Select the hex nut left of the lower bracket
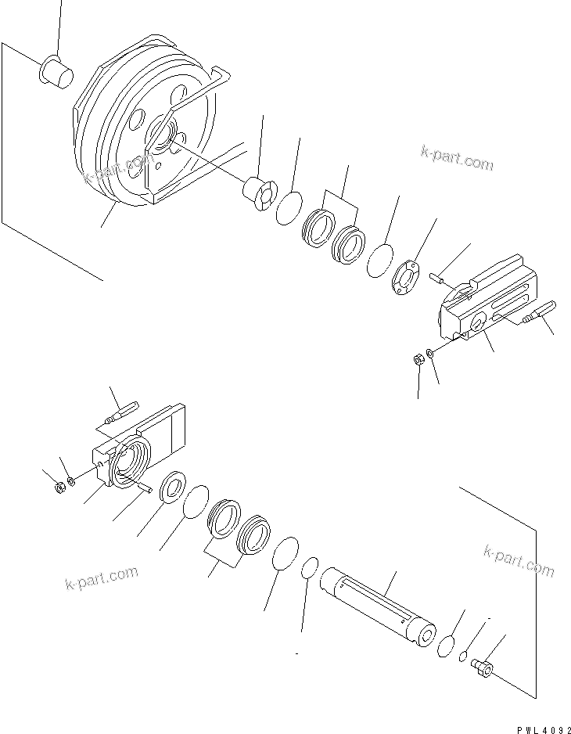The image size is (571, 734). pyautogui.click(x=59, y=489)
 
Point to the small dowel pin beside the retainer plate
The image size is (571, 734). pyautogui.click(x=439, y=275)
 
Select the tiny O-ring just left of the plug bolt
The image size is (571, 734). pyautogui.click(x=462, y=656)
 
